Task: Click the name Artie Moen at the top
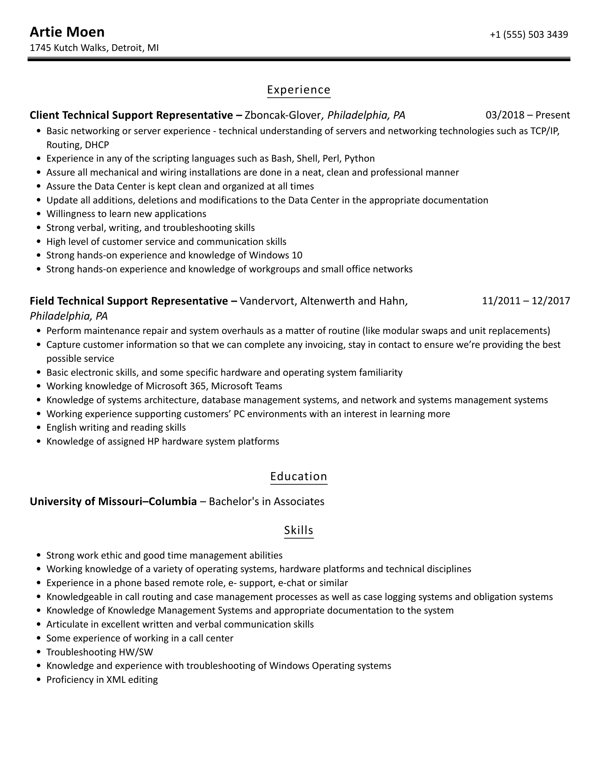point(67,32)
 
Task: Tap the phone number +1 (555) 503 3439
point(529,34)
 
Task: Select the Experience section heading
point(299,90)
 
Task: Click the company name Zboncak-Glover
point(283,115)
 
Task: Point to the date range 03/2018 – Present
point(528,115)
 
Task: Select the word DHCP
point(97,145)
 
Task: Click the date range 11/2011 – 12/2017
point(526,301)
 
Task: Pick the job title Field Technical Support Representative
point(129,301)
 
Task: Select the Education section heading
point(299,476)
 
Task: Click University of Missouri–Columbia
point(113,501)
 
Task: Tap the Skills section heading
point(299,530)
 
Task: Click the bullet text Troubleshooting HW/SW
point(100,652)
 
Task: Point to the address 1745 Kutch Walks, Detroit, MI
point(94,48)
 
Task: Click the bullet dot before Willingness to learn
point(39,214)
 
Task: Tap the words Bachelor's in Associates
point(266,501)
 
